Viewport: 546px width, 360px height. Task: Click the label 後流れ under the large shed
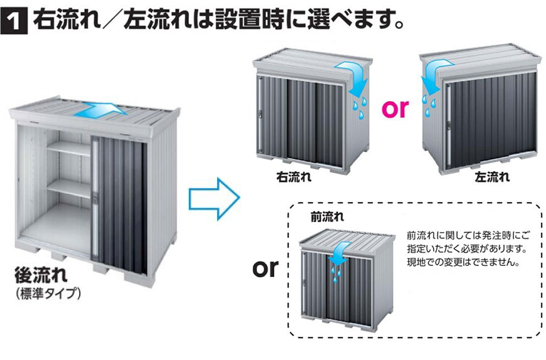coord(42,276)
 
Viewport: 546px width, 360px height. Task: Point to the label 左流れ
coord(493,177)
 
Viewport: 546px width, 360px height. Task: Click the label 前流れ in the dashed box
coord(328,217)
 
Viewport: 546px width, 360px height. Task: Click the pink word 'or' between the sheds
coord(395,109)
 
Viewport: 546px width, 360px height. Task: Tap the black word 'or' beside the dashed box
coord(265,268)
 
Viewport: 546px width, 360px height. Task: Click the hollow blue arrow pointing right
coord(213,197)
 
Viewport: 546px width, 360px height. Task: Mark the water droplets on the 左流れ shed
coord(430,103)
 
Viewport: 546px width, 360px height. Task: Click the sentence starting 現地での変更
coord(463,262)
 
